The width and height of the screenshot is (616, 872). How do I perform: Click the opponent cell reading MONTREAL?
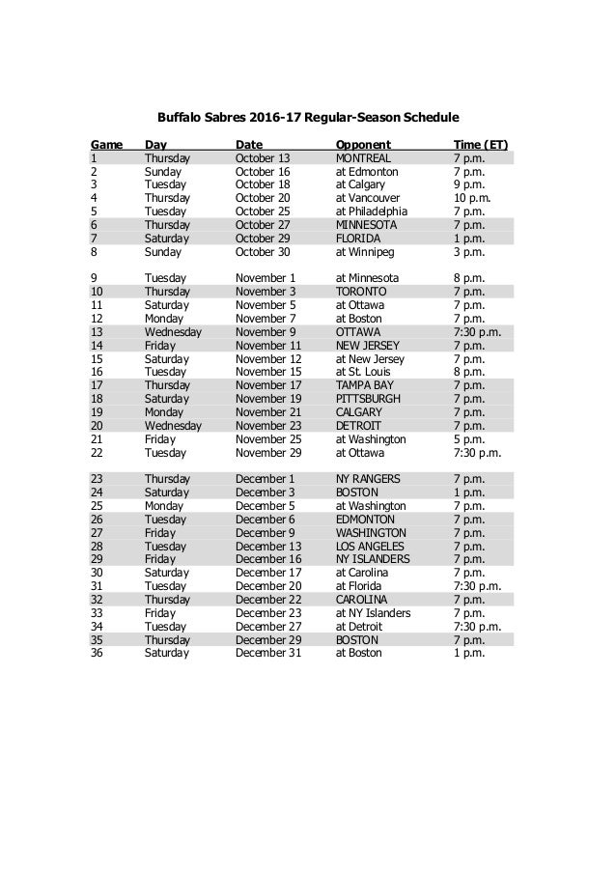[x=363, y=158]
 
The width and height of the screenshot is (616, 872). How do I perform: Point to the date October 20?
[x=262, y=198]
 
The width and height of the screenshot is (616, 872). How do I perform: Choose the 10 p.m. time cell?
[x=472, y=198]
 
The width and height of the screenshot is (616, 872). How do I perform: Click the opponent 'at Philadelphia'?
[x=372, y=211]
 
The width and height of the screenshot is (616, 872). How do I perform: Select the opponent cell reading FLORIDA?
[x=358, y=238]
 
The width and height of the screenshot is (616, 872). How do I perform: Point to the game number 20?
[x=98, y=425]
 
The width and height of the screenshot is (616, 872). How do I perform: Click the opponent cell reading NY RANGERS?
[x=368, y=478]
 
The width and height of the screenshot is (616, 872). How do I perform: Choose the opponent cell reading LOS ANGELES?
[x=372, y=546]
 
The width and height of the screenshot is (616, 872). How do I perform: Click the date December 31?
[x=268, y=653]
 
